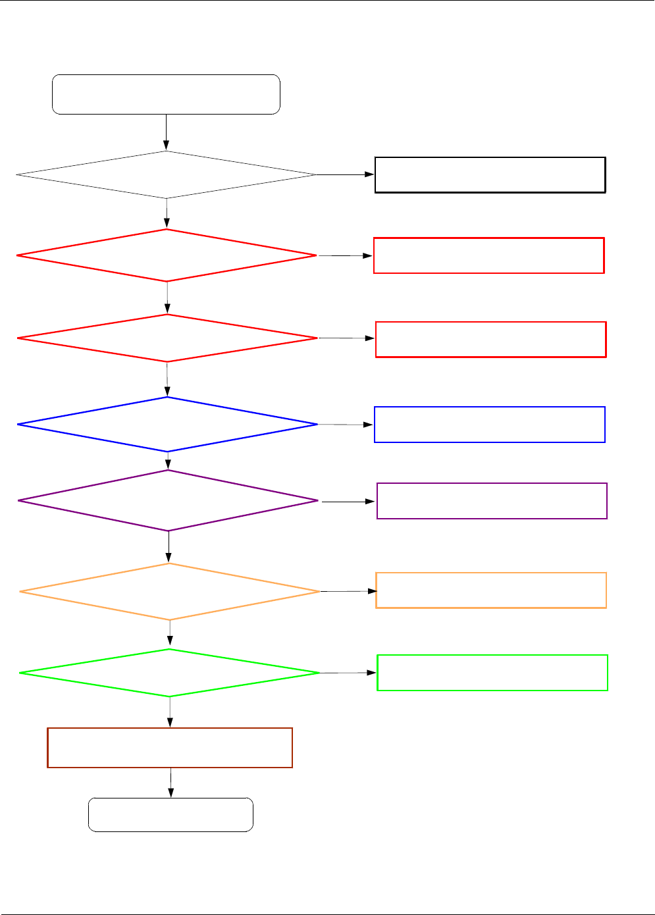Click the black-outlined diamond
[x=167, y=175]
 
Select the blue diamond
[x=168, y=425]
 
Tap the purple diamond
[x=169, y=501]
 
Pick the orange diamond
[x=170, y=592]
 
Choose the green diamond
[x=170, y=673]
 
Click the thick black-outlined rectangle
[x=490, y=175]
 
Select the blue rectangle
[x=489, y=425]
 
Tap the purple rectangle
[x=492, y=501]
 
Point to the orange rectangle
[x=490, y=590]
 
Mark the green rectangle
[x=492, y=673]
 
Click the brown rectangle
[x=170, y=748]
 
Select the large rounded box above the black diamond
[x=166, y=95]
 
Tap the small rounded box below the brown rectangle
[x=170, y=815]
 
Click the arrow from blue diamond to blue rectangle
[x=346, y=425]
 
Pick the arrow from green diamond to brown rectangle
[x=170, y=712]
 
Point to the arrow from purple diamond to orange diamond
[x=169, y=546]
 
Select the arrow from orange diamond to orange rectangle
[x=348, y=592]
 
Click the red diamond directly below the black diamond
[x=167, y=255]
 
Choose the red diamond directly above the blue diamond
[x=167, y=338]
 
